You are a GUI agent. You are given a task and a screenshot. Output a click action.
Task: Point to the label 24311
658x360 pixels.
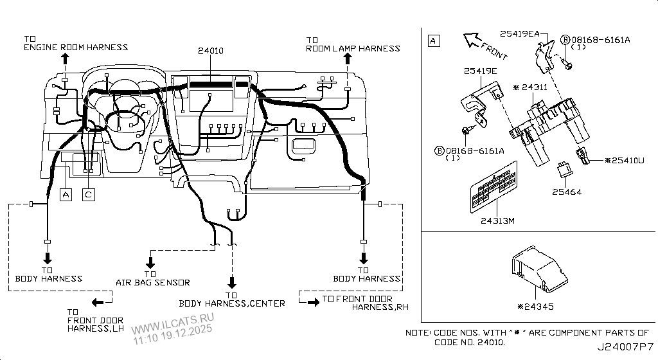click(534, 86)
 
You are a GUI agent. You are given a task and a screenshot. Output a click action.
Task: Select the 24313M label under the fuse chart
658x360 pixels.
click(499, 221)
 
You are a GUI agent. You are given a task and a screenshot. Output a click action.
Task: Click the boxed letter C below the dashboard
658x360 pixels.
click(89, 194)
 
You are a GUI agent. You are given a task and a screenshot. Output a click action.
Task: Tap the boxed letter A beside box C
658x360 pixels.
click(65, 194)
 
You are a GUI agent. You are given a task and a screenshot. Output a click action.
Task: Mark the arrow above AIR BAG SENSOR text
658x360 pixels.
click(150, 262)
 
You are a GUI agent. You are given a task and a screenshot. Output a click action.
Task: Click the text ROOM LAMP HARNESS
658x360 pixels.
click(353, 48)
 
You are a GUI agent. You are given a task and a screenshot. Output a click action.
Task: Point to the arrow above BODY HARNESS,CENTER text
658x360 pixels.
click(231, 282)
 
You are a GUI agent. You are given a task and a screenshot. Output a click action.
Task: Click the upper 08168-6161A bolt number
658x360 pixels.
click(601, 40)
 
